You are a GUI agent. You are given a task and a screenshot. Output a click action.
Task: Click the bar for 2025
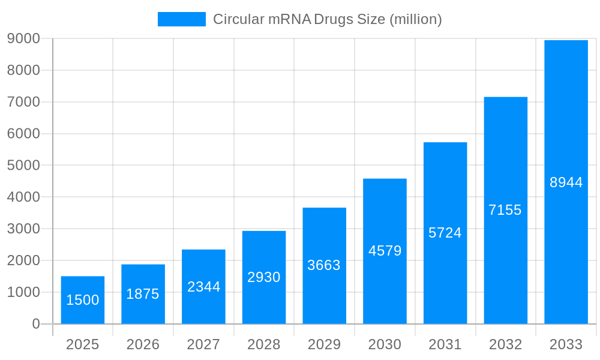(83, 300)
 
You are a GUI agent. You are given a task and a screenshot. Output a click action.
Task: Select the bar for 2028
(264, 277)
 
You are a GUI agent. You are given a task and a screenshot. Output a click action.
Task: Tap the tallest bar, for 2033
(566, 182)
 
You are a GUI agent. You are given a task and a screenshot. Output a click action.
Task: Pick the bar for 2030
(385, 251)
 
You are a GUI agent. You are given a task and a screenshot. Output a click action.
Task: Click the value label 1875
(143, 294)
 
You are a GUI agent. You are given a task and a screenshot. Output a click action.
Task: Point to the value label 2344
(203, 287)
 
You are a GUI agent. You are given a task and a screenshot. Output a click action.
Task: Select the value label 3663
(324, 265)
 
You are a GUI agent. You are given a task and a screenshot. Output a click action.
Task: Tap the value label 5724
(445, 233)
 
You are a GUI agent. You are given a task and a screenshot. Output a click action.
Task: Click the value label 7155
(505, 210)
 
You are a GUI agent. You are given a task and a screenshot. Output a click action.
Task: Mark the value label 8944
(566, 182)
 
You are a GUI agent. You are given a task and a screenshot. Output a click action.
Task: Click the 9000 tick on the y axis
(23, 38)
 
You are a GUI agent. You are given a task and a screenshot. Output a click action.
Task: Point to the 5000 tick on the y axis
(23, 166)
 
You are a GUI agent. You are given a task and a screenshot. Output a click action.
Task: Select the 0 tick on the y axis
(35, 324)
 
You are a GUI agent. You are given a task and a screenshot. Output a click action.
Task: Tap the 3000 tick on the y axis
(23, 229)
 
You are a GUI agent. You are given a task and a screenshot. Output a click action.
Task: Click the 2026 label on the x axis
(143, 344)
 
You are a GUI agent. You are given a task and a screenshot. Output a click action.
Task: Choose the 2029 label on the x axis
(324, 344)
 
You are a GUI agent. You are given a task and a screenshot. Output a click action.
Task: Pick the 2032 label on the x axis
(505, 344)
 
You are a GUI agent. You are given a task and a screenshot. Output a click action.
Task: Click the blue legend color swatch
(181, 19)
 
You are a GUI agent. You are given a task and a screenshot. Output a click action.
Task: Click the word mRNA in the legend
(290, 19)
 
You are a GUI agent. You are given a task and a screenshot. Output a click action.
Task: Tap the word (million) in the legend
(416, 19)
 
